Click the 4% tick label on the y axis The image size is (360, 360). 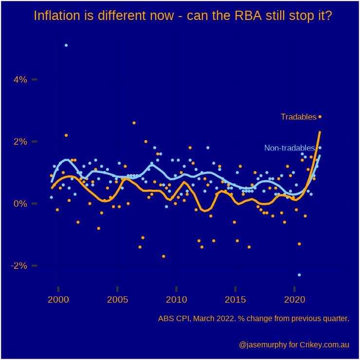click(20, 79)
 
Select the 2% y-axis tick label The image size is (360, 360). click(20, 142)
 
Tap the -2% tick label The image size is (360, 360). click(18, 266)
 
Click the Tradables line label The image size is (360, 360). click(298, 117)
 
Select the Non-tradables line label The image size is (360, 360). click(290, 148)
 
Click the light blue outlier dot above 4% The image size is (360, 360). click(66, 45)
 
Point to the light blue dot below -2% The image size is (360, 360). click(299, 275)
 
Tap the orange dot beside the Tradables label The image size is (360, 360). click(320, 117)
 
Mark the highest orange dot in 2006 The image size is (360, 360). click(134, 123)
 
